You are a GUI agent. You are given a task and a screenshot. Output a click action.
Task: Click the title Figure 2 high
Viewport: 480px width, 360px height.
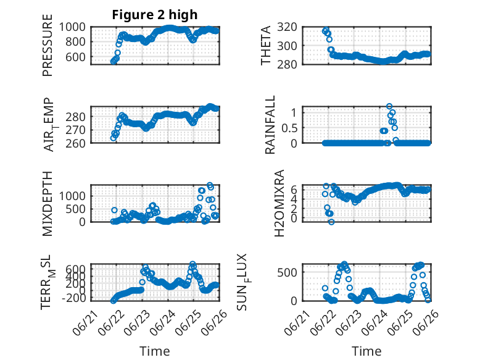point(155,15)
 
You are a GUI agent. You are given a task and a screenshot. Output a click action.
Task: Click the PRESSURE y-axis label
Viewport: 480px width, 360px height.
point(48,45)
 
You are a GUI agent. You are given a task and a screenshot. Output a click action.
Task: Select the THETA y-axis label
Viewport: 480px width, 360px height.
point(266,45)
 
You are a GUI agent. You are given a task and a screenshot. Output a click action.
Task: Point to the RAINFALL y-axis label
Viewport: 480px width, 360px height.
point(270,125)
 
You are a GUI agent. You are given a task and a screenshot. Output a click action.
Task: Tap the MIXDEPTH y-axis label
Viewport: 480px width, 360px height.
point(48,204)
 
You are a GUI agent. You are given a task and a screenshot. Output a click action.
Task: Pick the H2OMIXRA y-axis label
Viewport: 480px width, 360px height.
point(279,203)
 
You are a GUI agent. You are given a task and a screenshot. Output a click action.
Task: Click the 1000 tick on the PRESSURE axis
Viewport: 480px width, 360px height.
point(72,27)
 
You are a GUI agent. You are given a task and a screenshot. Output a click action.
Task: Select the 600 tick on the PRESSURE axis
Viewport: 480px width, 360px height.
point(75,57)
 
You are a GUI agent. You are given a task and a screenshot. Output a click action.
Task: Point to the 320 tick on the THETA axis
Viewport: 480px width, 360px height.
point(287,27)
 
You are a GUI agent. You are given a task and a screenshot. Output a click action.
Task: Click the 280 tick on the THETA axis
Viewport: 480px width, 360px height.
point(287,64)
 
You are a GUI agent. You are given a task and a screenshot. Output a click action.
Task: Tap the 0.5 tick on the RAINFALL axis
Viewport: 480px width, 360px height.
point(289,128)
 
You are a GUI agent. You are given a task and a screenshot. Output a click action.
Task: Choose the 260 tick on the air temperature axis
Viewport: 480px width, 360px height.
point(75,143)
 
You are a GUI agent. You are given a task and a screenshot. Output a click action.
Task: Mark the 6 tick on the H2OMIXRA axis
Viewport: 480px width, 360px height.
point(294,190)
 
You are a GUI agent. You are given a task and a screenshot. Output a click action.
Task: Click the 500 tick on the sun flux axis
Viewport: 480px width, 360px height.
point(287,272)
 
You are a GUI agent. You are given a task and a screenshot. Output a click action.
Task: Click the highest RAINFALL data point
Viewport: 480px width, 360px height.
point(389,106)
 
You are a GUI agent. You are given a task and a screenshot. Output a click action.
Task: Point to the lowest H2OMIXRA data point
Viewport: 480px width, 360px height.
point(331,222)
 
